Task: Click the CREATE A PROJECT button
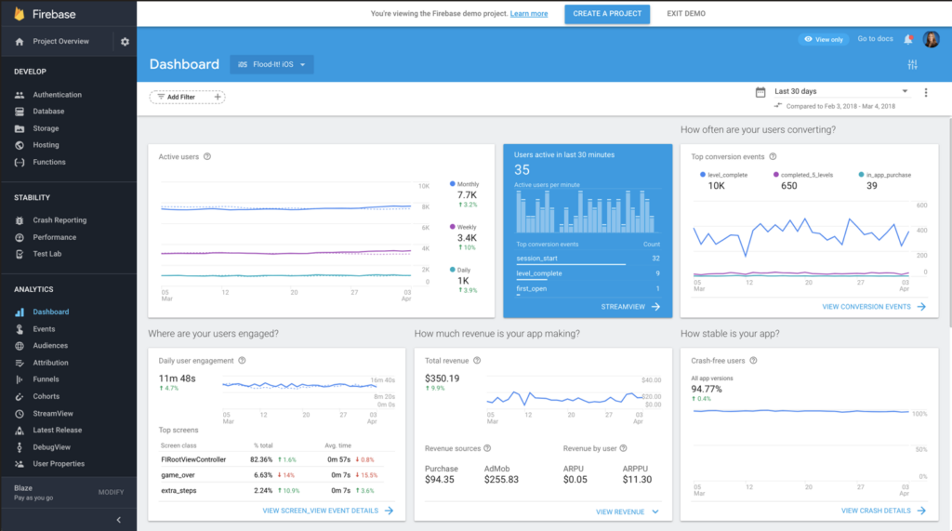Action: [606, 14]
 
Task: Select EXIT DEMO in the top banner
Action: [686, 14]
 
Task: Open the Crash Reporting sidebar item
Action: [59, 220]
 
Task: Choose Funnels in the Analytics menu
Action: [46, 379]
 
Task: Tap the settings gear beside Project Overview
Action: [126, 42]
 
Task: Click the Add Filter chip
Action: [187, 97]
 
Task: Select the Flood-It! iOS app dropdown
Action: [272, 64]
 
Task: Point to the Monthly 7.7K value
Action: [467, 195]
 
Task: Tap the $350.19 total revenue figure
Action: [443, 378]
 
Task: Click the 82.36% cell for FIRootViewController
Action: [262, 459]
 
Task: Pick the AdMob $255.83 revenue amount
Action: [501, 480]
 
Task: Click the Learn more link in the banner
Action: [529, 14]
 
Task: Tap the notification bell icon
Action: [908, 39]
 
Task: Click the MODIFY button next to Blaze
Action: [111, 492]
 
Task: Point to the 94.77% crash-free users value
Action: [707, 389]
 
